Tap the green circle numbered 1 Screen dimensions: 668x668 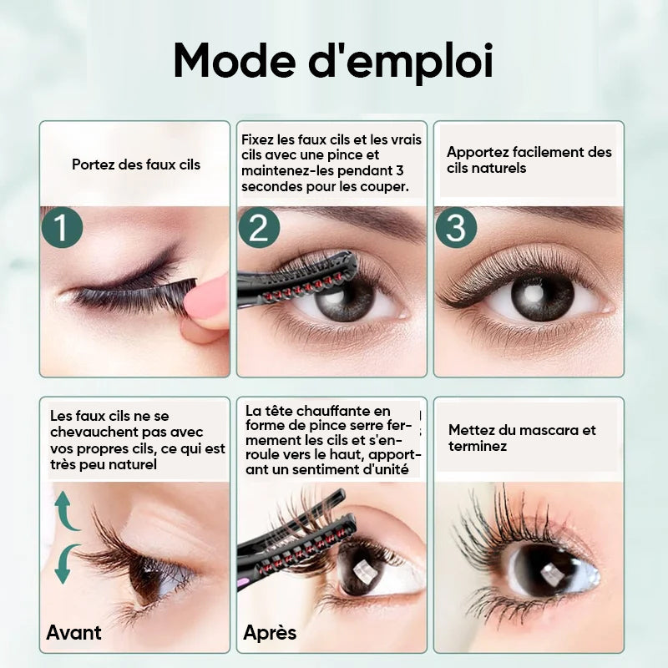(62, 228)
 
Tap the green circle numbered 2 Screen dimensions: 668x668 (257, 227)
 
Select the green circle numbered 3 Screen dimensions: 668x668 (456, 228)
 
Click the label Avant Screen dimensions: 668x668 (74, 632)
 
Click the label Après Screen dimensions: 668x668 (270, 632)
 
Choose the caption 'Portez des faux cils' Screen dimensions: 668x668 (136, 164)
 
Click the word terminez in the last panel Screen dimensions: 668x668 (478, 447)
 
